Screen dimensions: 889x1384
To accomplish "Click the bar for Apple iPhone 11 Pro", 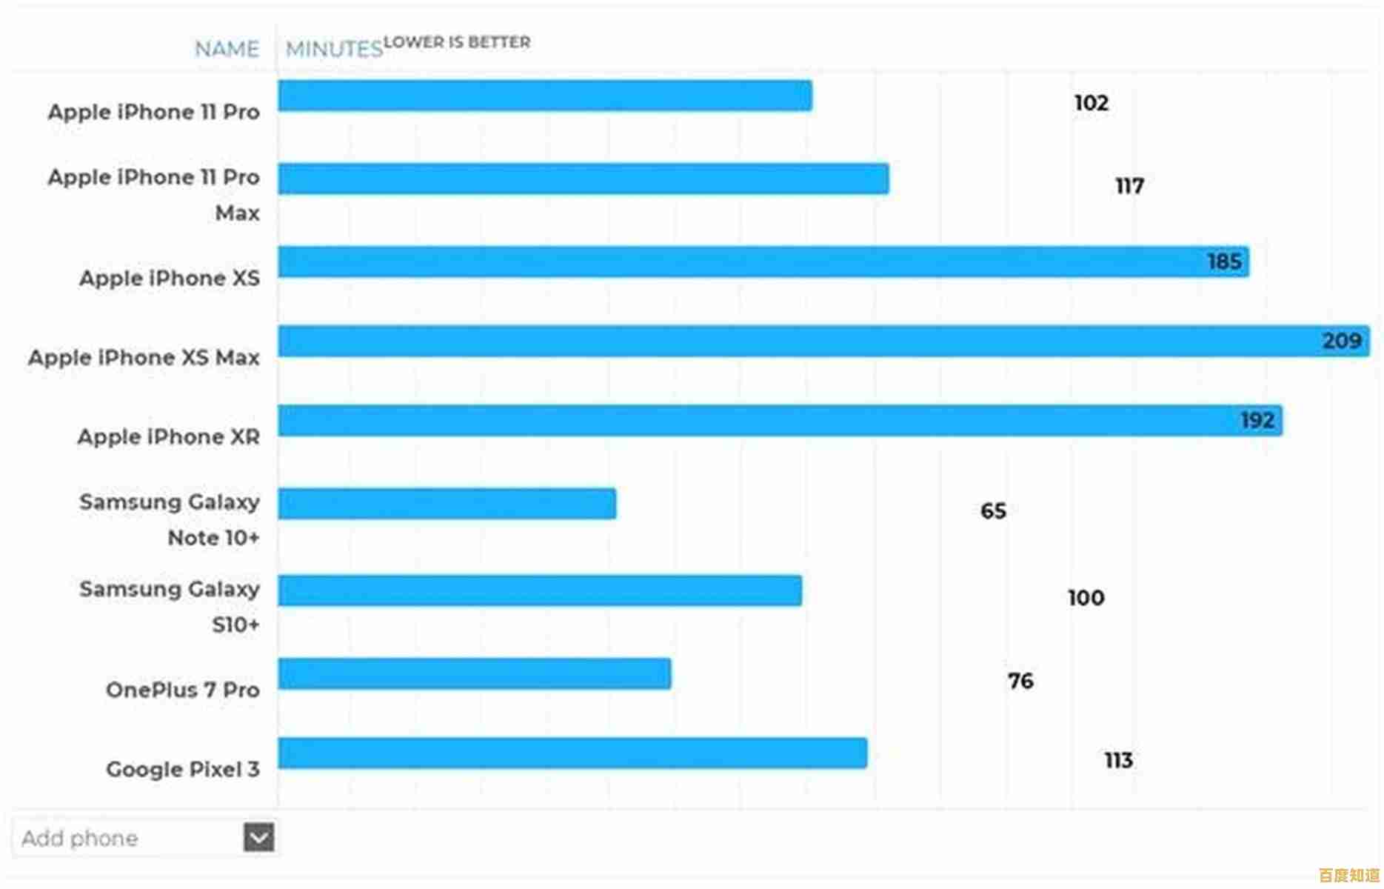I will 545,96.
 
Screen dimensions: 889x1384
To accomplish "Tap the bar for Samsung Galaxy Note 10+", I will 447,504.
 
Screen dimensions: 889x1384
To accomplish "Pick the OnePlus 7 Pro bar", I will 475,673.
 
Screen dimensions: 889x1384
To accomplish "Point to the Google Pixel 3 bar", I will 572,753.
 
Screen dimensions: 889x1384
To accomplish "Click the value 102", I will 1091,103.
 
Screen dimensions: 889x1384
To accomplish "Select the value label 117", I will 1129,186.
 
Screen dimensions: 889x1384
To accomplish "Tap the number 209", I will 1341,341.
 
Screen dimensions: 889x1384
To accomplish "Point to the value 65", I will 993,511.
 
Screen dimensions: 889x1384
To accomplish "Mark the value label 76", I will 1020,681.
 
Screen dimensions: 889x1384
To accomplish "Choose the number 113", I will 1118,760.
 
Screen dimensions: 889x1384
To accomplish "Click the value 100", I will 1086,598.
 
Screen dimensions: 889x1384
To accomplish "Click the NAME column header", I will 227,49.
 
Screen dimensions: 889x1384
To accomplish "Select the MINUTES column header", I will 334,49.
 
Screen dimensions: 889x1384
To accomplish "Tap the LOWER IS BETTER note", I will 457,42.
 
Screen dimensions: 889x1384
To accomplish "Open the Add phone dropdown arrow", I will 258,837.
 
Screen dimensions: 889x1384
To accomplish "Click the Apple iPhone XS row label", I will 170,279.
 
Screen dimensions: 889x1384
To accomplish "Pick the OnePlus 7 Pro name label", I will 182,690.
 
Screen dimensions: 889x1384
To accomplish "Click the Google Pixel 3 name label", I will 182,769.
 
